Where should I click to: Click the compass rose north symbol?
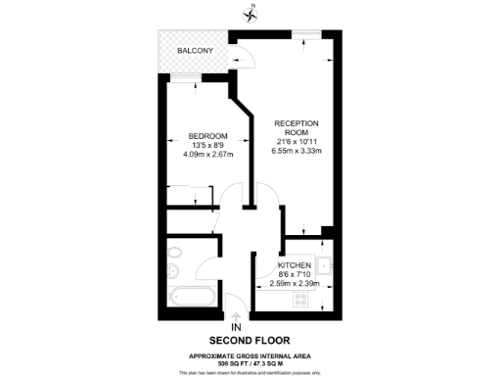[x=250, y=13]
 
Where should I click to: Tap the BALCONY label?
[x=196, y=51]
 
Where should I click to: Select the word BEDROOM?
[x=207, y=135]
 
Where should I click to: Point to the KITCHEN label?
[x=294, y=265]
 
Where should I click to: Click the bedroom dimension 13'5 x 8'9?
[x=207, y=144]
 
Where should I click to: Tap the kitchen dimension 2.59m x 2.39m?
[x=296, y=284]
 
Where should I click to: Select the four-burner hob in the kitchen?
[x=302, y=299]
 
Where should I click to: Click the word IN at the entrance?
[x=235, y=327]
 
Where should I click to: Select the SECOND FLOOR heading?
[x=250, y=342]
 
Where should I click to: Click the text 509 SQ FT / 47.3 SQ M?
[x=250, y=363]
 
